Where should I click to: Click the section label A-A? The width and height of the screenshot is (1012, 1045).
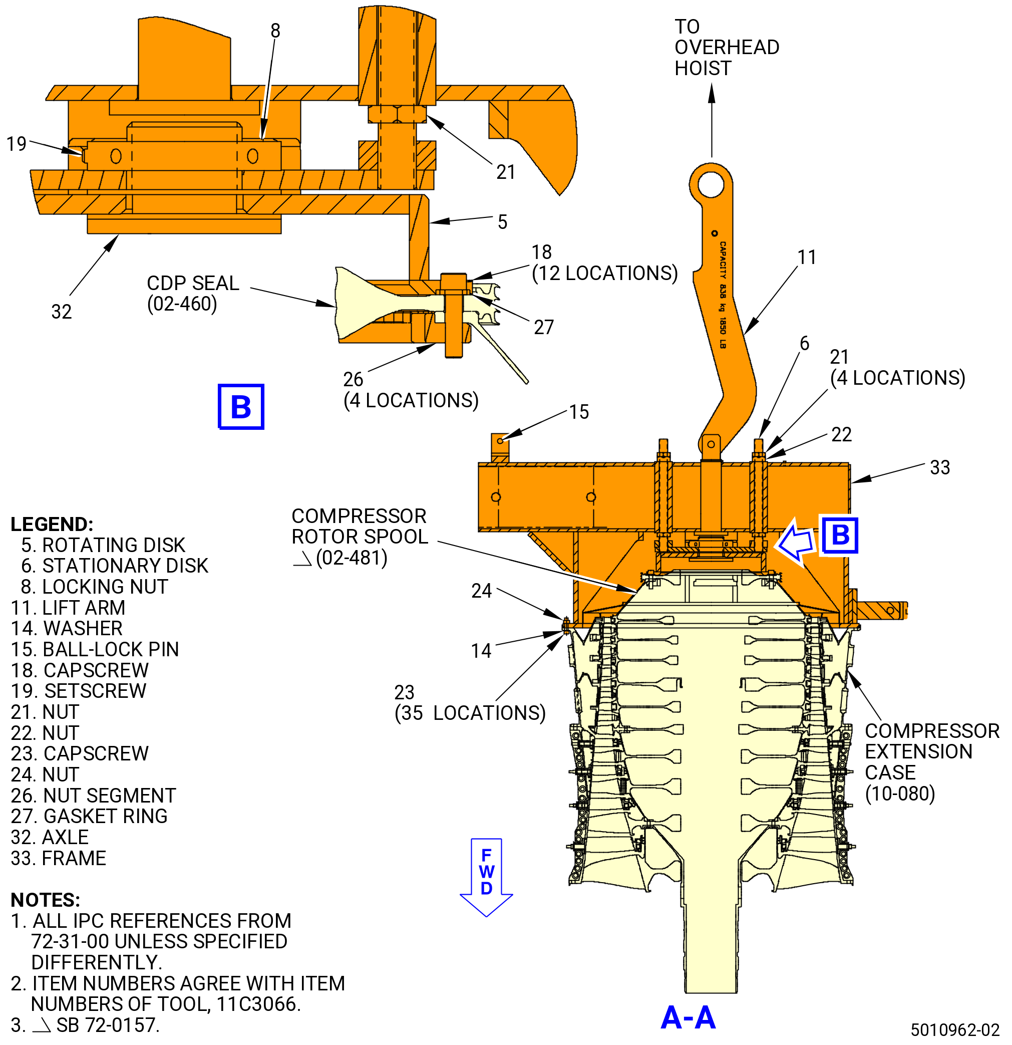tap(688, 1017)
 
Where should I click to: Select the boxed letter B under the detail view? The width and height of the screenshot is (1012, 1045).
tap(241, 407)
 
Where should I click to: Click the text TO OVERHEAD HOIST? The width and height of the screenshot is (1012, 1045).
tap(727, 48)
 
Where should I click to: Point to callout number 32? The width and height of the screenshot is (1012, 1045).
tap(61, 312)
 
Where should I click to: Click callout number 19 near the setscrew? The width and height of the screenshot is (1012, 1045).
tap(16, 143)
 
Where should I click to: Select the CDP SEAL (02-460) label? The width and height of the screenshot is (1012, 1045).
tap(193, 293)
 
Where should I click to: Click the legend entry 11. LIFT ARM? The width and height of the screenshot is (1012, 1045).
tap(68, 607)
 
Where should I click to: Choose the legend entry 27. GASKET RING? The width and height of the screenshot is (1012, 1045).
tap(89, 816)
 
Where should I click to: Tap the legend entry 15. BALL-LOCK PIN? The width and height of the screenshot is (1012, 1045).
tap(95, 649)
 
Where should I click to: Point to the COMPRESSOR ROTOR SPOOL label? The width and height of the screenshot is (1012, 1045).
tap(360, 537)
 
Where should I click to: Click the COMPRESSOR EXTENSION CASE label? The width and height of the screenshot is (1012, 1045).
tap(932, 762)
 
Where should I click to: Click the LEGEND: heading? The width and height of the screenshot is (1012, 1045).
tap(52, 524)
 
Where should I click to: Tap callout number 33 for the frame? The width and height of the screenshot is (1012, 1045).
tap(940, 467)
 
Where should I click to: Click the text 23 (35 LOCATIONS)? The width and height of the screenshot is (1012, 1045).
tap(470, 703)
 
